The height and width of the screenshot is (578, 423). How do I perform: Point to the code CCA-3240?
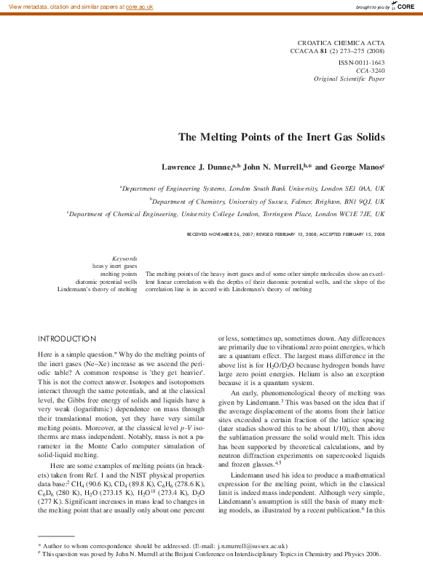(371, 71)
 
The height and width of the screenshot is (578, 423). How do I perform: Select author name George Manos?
(358, 167)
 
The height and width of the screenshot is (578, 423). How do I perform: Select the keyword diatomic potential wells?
(106, 282)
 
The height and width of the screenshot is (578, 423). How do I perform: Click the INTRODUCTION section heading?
(67, 339)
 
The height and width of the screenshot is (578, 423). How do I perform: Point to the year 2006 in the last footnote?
(371, 553)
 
